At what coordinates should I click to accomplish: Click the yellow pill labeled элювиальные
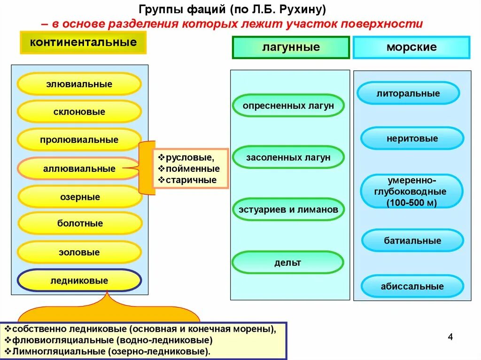click(79, 84)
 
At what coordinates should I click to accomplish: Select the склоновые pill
click(79, 112)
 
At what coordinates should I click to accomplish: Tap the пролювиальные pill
click(79, 140)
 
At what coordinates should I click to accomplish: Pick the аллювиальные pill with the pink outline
click(79, 169)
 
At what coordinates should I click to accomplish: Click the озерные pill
click(80, 197)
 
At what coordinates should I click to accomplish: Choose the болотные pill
click(80, 223)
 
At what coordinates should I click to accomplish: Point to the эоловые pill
click(79, 253)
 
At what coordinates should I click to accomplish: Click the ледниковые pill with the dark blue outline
click(79, 281)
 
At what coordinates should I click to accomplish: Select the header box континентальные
click(83, 43)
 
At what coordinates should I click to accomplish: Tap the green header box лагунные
click(291, 47)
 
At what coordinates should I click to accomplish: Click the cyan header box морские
click(411, 47)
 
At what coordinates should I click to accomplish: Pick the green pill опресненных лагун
click(288, 106)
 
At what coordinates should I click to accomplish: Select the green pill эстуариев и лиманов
click(288, 210)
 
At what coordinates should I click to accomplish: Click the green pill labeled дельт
click(287, 262)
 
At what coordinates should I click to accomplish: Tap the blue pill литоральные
click(408, 93)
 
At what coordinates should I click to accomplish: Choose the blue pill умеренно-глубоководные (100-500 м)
click(411, 191)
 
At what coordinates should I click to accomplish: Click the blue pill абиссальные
click(412, 286)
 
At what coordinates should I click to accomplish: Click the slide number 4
click(450, 337)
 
